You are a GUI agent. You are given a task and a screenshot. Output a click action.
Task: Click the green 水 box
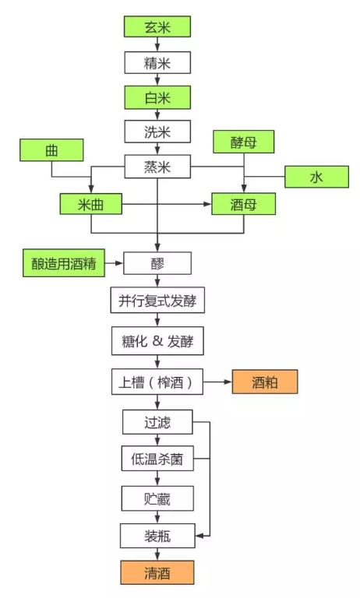tap(316, 177)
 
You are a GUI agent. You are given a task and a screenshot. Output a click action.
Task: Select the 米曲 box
tap(92, 204)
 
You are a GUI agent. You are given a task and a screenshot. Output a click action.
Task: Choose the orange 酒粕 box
tap(264, 382)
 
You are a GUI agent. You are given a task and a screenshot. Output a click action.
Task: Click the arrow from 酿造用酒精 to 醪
tap(114, 263)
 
